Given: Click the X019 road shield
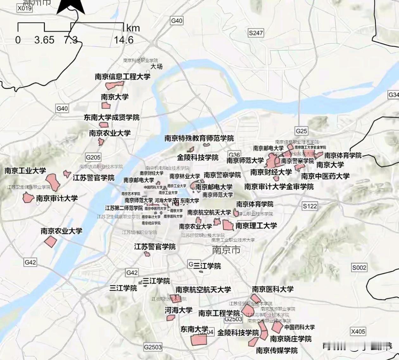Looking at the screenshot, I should (24, 8).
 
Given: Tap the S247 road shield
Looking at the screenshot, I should (256, 33).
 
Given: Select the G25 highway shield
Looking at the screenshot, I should (301, 131).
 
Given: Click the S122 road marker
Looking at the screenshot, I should (310, 206).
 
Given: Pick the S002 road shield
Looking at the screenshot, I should (359, 267).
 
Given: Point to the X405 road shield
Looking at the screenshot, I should (358, 331).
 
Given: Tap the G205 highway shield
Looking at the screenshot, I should (93, 157).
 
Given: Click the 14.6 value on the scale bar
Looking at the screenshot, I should (123, 40).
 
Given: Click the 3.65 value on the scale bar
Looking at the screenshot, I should (44, 40).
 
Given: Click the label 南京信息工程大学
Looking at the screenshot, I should (123, 76).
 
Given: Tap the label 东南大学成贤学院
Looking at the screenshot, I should (111, 117).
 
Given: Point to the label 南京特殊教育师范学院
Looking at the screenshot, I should (199, 138).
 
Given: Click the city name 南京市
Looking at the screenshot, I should (226, 250).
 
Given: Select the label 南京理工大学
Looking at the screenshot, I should (256, 226).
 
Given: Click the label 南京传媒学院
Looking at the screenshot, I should (277, 350).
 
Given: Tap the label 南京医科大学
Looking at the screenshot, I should (273, 289).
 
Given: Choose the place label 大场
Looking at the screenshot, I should (156, 67).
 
